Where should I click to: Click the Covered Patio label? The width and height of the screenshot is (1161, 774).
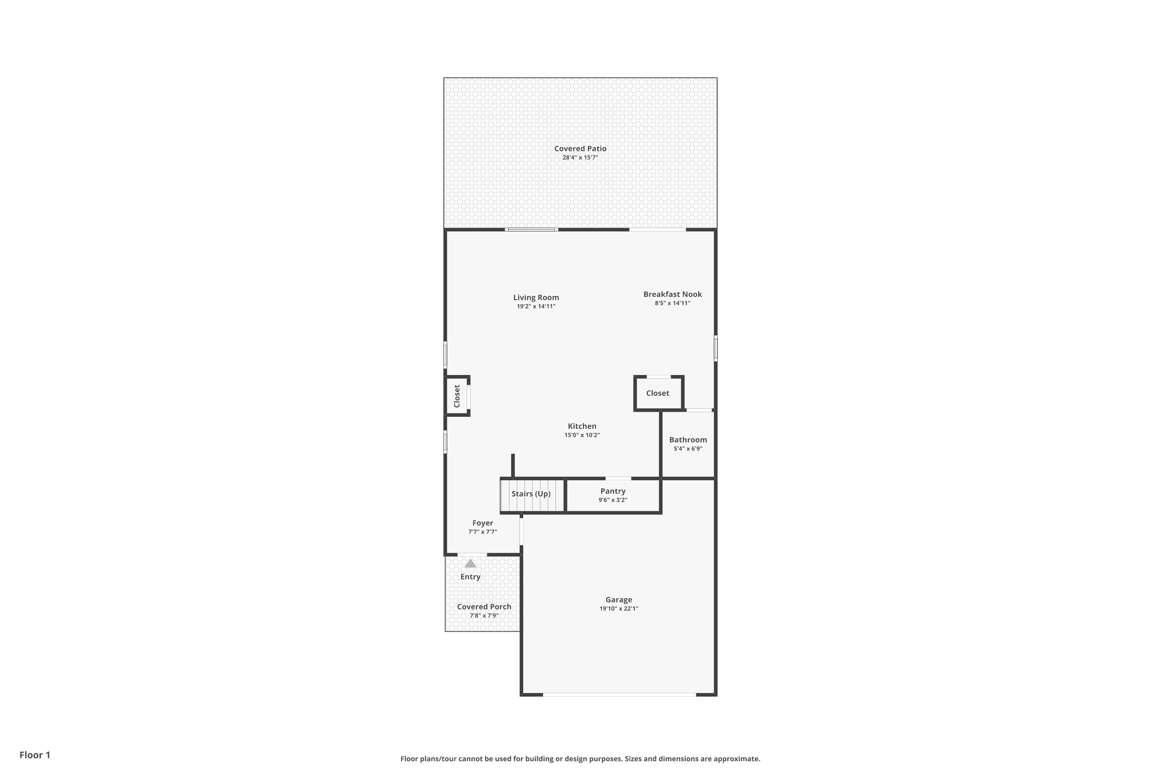(580, 149)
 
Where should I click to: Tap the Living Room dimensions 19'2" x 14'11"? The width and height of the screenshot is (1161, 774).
(536, 307)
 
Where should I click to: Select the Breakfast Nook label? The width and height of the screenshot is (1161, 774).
(672, 294)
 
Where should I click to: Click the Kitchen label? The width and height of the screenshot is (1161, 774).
(582, 426)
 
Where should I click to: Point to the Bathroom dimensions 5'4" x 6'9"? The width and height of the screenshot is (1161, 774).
(688, 449)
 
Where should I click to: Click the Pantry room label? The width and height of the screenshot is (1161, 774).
(613, 491)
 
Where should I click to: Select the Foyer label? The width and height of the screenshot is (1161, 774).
(482, 523)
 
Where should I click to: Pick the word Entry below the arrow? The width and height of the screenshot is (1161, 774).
(471, 577)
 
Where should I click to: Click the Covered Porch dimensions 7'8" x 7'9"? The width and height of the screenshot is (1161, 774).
(484, 616)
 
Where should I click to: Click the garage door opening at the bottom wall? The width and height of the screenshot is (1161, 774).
(620, 695)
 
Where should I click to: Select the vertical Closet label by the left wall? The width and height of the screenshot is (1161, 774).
(457, 396)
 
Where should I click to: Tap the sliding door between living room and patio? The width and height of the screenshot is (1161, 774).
(532, 229)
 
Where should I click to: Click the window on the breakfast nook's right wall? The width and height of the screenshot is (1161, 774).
(715, 349)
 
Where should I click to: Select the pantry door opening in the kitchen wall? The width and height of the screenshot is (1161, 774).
(618, 478)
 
